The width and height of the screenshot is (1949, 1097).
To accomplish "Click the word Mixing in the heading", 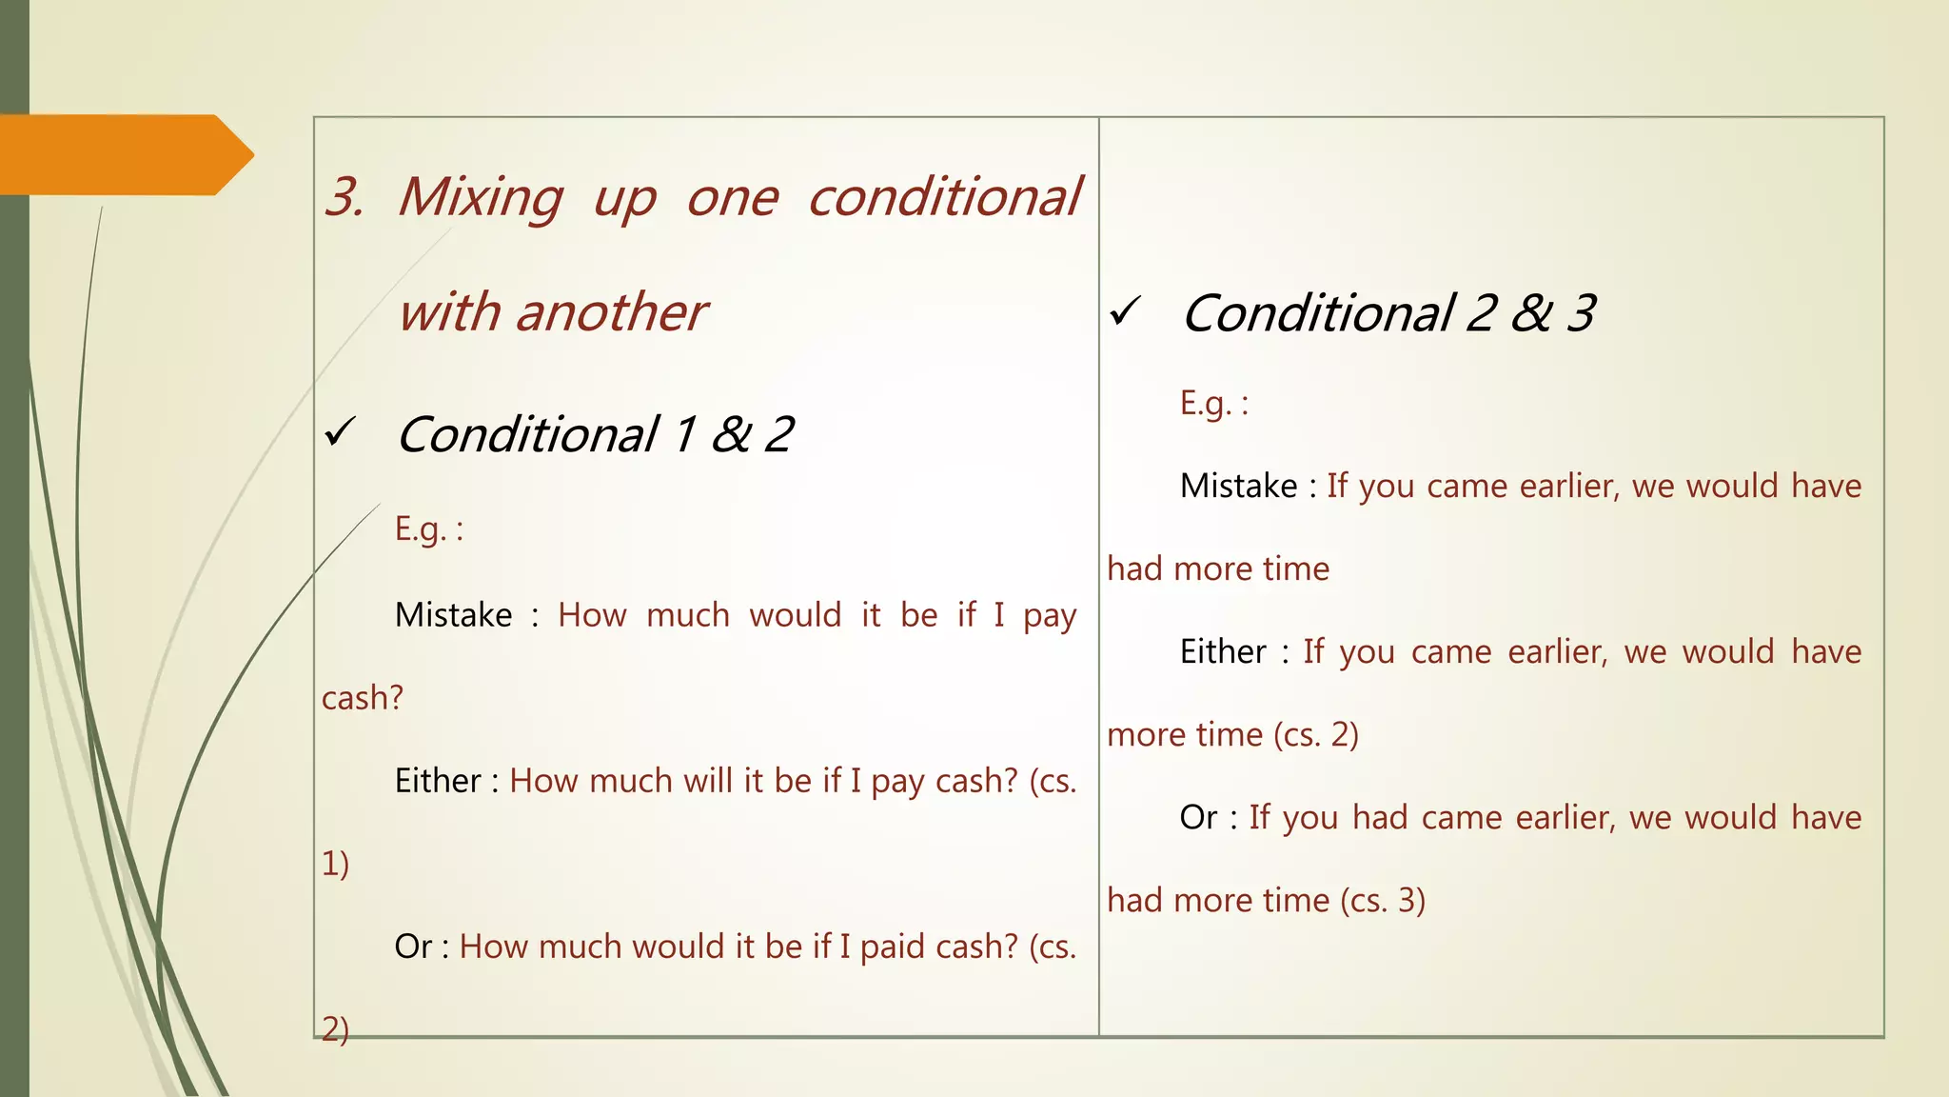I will click(x=481, y=197).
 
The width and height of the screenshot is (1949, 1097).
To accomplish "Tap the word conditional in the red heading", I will click(x=944, y=197).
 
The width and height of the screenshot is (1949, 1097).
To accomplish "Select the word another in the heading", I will click(x=611, y=312).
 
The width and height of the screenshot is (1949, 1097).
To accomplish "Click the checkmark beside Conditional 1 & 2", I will click(x=340, y=433).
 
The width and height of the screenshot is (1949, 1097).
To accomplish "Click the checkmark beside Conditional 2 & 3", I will click(x=1125, y=311).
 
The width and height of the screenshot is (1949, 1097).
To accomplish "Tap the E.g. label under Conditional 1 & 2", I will click(x=428, y=529).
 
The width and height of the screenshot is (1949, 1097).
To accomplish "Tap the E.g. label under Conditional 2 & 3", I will click(x=1213, y=404).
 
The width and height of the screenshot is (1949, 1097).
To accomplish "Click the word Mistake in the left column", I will click(x=454, y=615).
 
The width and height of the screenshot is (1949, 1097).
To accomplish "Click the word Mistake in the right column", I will click(x=1238, y=487).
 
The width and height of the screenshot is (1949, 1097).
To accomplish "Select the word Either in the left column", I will click(x=438, y=781).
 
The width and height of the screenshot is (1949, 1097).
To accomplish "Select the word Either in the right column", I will click(x=1223, y=652).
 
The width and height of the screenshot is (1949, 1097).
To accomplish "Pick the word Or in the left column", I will click(x=413, y=947).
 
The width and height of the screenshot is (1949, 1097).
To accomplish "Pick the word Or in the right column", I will click(x=1198, y=818).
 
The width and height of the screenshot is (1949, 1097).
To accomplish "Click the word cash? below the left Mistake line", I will click(x=363, y=698).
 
